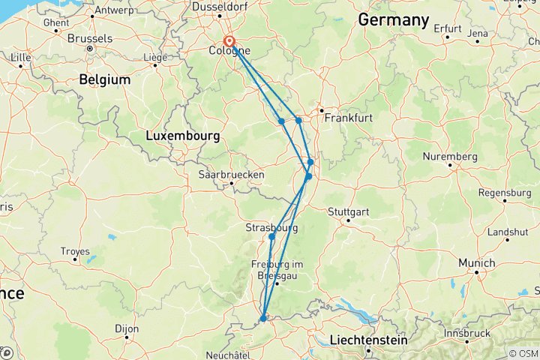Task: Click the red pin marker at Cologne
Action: [x=229, y=43]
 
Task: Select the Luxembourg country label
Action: [x=182, y=136]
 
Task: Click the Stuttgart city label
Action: [x=347, y=210]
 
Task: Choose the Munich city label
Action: [x=477, y=263]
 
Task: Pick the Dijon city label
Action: [x=127, y=328]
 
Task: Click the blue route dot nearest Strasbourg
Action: [x=271, y=237]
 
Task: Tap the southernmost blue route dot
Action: [x=263, y=319]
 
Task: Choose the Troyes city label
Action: [x=74, y=252]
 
